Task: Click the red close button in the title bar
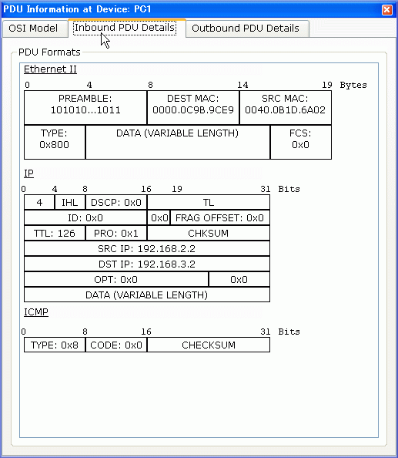(x=387, y=10)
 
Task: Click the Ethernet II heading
(x=50, y=69)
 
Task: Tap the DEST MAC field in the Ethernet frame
(x=193, y=107)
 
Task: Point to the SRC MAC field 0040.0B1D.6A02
(x=285, y=107)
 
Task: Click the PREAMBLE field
(x=85, y=107)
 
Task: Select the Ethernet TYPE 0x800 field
(x=55, y=142)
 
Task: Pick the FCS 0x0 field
(x=300, y=142)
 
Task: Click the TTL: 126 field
(x=55, y=234)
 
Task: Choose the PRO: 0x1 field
(x=116, y=234)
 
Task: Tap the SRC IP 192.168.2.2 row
(x=147, y=249)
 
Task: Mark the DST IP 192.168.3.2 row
(x=147, y=264)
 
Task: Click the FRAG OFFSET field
(x=220, y=218)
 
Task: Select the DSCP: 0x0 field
(x=116, y=203)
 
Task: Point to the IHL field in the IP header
(x=70, y=203)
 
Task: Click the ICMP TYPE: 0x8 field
(x=55, y=345)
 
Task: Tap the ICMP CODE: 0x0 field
(x=116, y=345)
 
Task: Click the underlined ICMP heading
(x=36, y=312)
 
